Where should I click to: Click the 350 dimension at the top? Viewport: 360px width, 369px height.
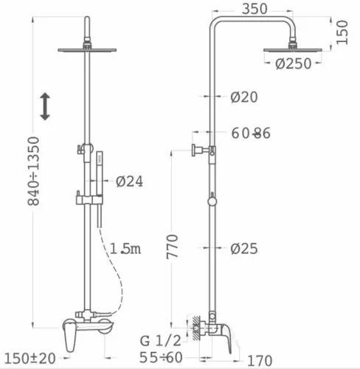click(255, 9)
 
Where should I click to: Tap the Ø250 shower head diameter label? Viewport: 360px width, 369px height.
click(294, 63)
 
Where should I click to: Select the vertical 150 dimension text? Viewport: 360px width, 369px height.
click(342, 32)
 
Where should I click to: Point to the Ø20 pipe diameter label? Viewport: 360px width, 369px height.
click(244, 97)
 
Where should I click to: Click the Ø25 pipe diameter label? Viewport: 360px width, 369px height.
click(244, 249)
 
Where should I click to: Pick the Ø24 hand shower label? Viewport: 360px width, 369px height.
click(129, 182)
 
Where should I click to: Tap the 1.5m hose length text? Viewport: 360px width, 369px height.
click(125, 249)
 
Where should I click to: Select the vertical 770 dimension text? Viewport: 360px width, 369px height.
click(172, 246)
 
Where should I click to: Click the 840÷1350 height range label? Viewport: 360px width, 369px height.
click(33, 171)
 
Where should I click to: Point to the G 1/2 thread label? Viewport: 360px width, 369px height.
click(161, 341)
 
